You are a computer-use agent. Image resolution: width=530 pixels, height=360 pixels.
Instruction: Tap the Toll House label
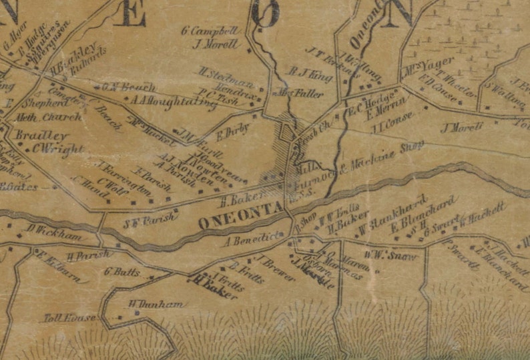click(x=65, y=318)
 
